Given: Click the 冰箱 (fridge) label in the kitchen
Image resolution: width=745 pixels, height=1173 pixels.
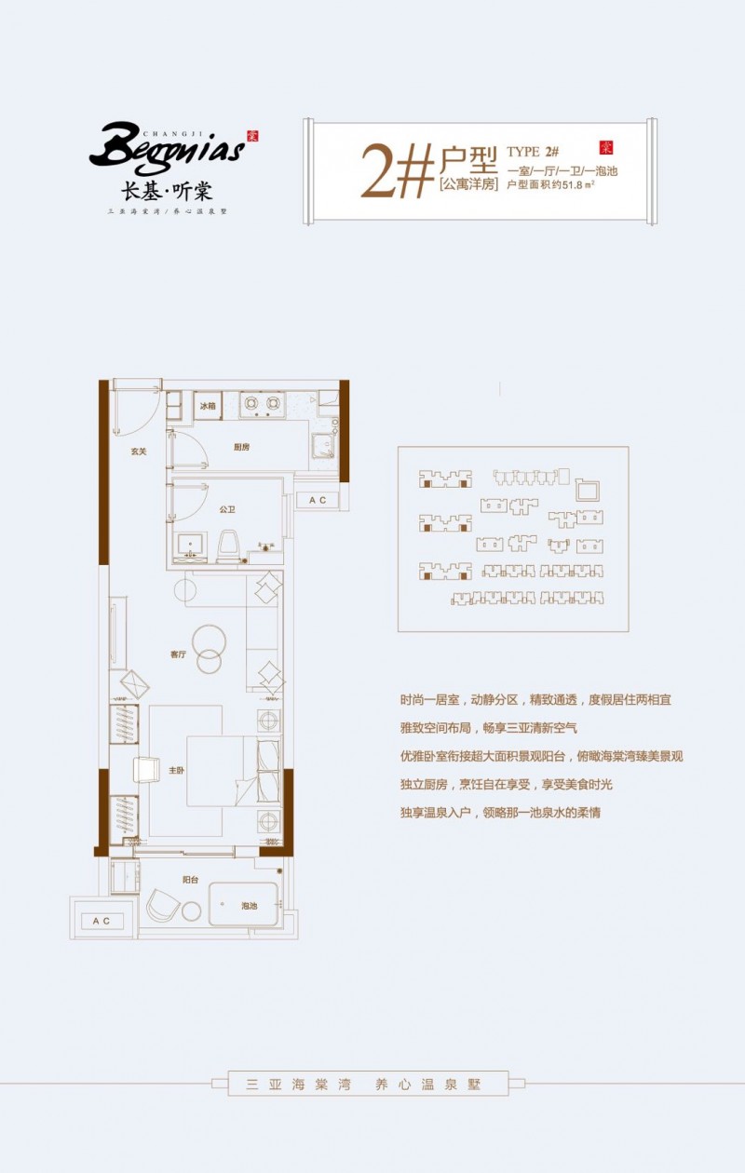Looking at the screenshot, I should coord(207,406).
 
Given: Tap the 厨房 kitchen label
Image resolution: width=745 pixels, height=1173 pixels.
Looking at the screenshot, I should coord(241,447).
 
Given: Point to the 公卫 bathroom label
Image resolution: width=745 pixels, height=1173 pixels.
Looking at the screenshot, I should coord(226,509).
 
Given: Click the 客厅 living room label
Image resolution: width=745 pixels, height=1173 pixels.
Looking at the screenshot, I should coord(179,654).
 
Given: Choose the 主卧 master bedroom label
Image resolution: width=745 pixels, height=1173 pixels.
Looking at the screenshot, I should coord(177,771).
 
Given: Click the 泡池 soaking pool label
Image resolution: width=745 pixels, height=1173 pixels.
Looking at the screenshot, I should coord(250,906).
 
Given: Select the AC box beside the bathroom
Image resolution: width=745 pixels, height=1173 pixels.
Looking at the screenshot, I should coord(318,501).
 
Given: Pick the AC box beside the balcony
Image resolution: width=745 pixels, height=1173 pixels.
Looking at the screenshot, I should coord(102,921).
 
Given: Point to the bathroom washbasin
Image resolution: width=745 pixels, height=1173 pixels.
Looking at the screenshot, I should coord(193,546).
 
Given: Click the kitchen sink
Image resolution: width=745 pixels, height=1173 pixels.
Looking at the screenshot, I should coord(322,446).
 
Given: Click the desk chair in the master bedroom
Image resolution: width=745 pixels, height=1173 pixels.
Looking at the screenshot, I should coord(148,771).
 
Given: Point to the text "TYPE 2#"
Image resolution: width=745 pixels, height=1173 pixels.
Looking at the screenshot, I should coord(533,152).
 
